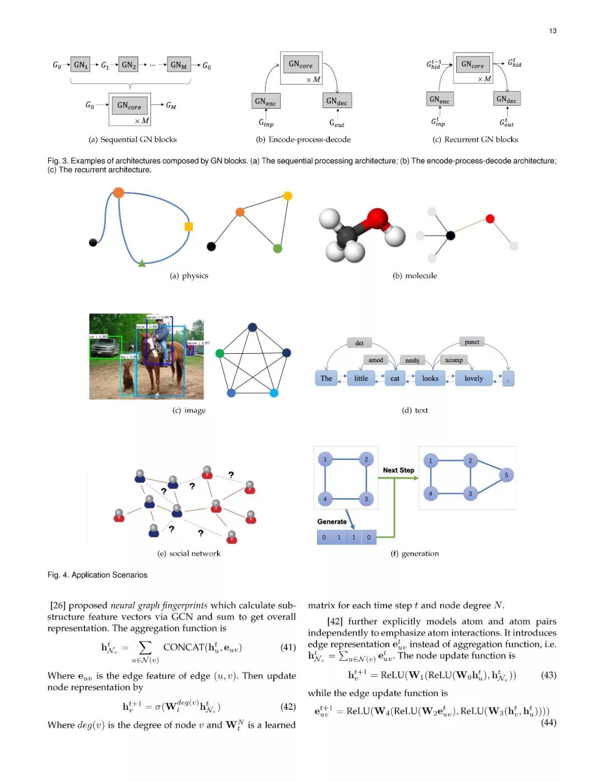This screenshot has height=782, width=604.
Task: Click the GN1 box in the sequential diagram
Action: coord(81,65)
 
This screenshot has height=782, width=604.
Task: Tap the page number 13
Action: coord(553,31)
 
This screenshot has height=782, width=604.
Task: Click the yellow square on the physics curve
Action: coord(188,226)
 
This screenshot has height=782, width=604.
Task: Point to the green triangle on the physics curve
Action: coord(142,263)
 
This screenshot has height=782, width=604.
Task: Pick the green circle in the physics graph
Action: coord(277,249)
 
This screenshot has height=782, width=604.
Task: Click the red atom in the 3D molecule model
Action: coord(377,218)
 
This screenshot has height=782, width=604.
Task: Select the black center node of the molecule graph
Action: coord(450,235)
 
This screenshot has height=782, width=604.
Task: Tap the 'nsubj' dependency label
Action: coord(412,360)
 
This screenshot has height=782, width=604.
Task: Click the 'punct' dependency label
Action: coord(471,342)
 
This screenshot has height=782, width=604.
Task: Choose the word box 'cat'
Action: coord(395,378)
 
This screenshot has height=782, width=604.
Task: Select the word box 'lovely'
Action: coord(474,378)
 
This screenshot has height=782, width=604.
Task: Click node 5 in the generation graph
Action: coord(506,475)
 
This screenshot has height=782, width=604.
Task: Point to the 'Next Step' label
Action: coord(398,470)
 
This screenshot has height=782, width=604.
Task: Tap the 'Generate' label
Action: coord(332,522)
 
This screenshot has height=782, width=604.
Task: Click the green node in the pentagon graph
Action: coord(220,353)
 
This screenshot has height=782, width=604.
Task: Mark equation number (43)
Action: coord(548,675)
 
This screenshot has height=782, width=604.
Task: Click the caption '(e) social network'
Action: coord(189,554)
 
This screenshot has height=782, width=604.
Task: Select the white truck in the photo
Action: coord(104,348)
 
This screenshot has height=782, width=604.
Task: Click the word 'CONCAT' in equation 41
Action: coord(184,647)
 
